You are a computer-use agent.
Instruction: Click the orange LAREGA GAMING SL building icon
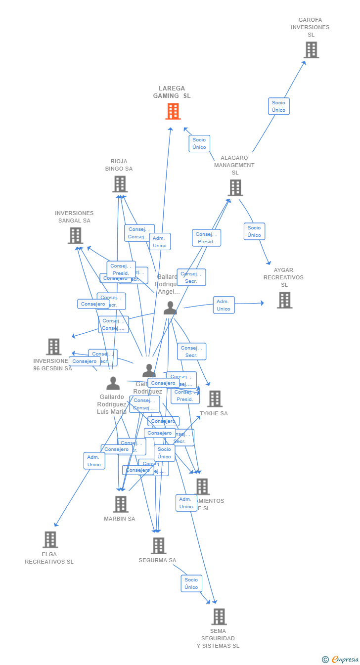pyautogui.click(x=173, y=111)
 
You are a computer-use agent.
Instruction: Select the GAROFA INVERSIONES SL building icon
pyautogui.click(x=311, y=50)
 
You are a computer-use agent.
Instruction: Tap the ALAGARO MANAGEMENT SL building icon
pyautogui.click(x=235, y=188)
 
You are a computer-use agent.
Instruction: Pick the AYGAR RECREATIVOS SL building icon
pyautogui.click(x=284, y=300)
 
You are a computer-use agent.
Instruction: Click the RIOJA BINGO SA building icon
pyautogui.click(x=120, y=184)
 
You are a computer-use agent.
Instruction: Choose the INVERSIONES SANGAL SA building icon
pyautogui.click(x=75, y=236)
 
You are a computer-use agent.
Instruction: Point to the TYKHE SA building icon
pyautogui.click(x=215, y=399)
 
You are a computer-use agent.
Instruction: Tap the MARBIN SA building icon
pyautogui.click(x=121, y=504)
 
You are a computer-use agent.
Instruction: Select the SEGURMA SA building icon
pyautogui.click(x=158, y=546)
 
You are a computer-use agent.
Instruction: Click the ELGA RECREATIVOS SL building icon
pyautogui.click(x=50, y=539)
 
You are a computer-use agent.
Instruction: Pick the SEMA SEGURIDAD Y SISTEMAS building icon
pyautogui.click(x=219, y=617)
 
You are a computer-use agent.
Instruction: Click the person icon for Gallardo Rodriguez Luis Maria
pyautogui.click(x=113, y=384)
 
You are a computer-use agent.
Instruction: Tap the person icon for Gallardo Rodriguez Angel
pyautogui.click(x=170, y=308)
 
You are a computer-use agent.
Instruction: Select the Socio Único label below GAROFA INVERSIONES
pyautogui.click(x=279, y=106)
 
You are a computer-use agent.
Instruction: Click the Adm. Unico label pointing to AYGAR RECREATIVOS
pyautogui.click(x=224, y=305)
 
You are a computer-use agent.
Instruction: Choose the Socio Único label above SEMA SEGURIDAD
pyautogui.click(x=191, y=583)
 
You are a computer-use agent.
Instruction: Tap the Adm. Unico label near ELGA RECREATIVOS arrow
pyautogui.click(x=94, y=461)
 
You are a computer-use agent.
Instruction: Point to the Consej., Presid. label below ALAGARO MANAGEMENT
pyautogui.click(x=206, y=238)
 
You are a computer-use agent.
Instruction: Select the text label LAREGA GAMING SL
pyautogui.click(x=172, y=92)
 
